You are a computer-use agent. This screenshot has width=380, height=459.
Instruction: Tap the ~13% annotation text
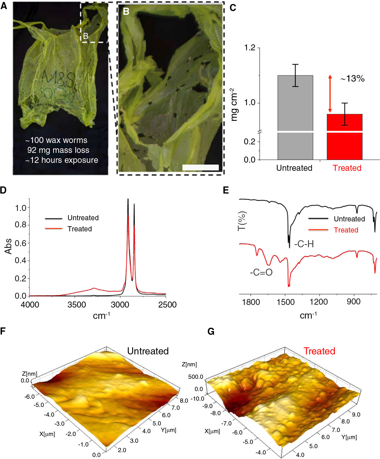point(352,78)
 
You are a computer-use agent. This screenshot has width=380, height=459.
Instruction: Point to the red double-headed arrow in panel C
point(330,94)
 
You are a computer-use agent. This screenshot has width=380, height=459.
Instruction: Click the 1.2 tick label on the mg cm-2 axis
point(250,48)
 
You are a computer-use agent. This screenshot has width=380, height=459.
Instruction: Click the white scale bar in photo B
point(200,167)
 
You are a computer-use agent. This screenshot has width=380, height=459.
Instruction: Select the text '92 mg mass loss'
point(58,150)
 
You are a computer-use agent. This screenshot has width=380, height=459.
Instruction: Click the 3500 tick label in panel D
point(76,305)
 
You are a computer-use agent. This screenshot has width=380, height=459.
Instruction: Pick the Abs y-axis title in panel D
point(8,246)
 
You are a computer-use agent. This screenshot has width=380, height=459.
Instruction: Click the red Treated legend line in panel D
point(53,229)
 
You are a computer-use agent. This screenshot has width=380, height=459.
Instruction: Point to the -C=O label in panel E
point(261,272)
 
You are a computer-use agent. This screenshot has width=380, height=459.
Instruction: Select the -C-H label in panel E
point(304,244)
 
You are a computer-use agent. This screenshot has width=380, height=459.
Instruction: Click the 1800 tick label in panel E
point(251,302)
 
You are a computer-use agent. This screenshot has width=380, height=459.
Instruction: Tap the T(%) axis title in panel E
point(242,221)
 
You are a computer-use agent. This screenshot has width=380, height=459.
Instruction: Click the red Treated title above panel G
point(319,351)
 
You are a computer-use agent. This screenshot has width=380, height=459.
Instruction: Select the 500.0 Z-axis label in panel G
point(196,377)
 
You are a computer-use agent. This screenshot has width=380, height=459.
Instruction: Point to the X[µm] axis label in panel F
point(47,434)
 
